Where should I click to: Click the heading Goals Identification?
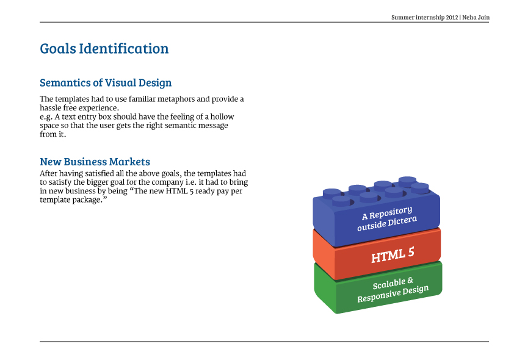click(104, 49)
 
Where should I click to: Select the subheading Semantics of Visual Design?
click(106, 83)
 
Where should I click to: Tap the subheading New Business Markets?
click(95, 162)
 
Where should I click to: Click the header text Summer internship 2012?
click(424, 18)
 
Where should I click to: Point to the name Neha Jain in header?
click(476, 18)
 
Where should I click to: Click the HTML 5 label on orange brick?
click(393, 254)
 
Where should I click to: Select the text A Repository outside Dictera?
click(386, 219)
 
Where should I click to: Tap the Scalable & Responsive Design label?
click(393, 290)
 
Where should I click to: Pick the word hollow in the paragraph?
click(222, 117)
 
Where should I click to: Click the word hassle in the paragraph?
click(53, 108)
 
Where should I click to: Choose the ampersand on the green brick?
click(410, 281)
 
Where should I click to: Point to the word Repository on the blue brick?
click(391, 212)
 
